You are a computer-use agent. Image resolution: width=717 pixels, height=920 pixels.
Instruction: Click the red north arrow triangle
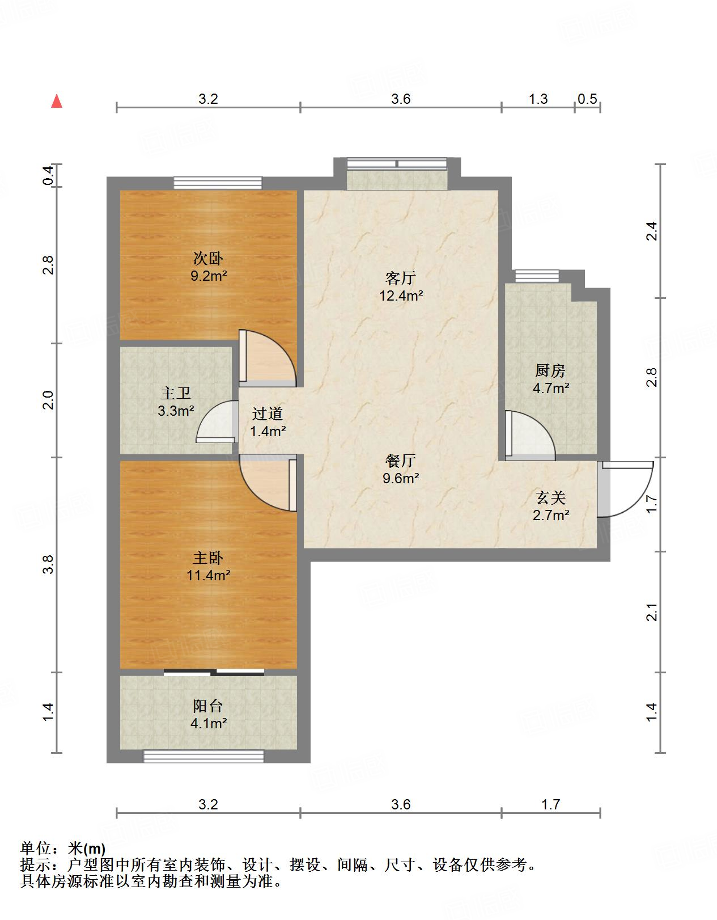[x=57, y=102]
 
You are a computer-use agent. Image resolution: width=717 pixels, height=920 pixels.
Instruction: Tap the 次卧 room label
[x=207, y=258]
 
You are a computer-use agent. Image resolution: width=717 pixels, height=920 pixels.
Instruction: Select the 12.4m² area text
[x=401, y=296]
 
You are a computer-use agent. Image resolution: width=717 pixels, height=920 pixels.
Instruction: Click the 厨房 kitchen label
[x=550, y=370]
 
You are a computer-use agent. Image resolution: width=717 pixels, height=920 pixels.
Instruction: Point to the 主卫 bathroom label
[x=176, y=393]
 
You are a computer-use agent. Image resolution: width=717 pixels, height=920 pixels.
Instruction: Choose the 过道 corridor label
[x=268, y=413]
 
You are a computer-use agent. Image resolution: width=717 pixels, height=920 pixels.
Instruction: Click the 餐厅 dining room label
[x=401, y=461]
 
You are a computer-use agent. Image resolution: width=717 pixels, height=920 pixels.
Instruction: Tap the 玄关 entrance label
[x=551, y=498]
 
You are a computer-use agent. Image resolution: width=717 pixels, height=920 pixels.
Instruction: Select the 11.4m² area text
[x=208, y=575]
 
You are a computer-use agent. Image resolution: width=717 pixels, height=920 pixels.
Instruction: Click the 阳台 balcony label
[x=207, y=706]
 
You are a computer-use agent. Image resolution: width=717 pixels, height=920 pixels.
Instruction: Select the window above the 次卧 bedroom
[x=218, y=183]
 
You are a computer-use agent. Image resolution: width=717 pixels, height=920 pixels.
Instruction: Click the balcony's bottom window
[x=203, y=756]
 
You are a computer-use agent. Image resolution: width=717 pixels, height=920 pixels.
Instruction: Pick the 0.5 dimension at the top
[x=587, y=99]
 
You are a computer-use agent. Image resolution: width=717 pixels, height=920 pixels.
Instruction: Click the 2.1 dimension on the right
[x=652, y=612]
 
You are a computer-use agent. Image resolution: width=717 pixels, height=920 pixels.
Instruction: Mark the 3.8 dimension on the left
[x=48, y=564]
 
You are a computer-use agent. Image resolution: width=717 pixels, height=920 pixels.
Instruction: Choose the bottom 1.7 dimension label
[x=551, y=804]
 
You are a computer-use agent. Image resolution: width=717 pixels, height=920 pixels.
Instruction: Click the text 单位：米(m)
[x=63, y=848]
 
